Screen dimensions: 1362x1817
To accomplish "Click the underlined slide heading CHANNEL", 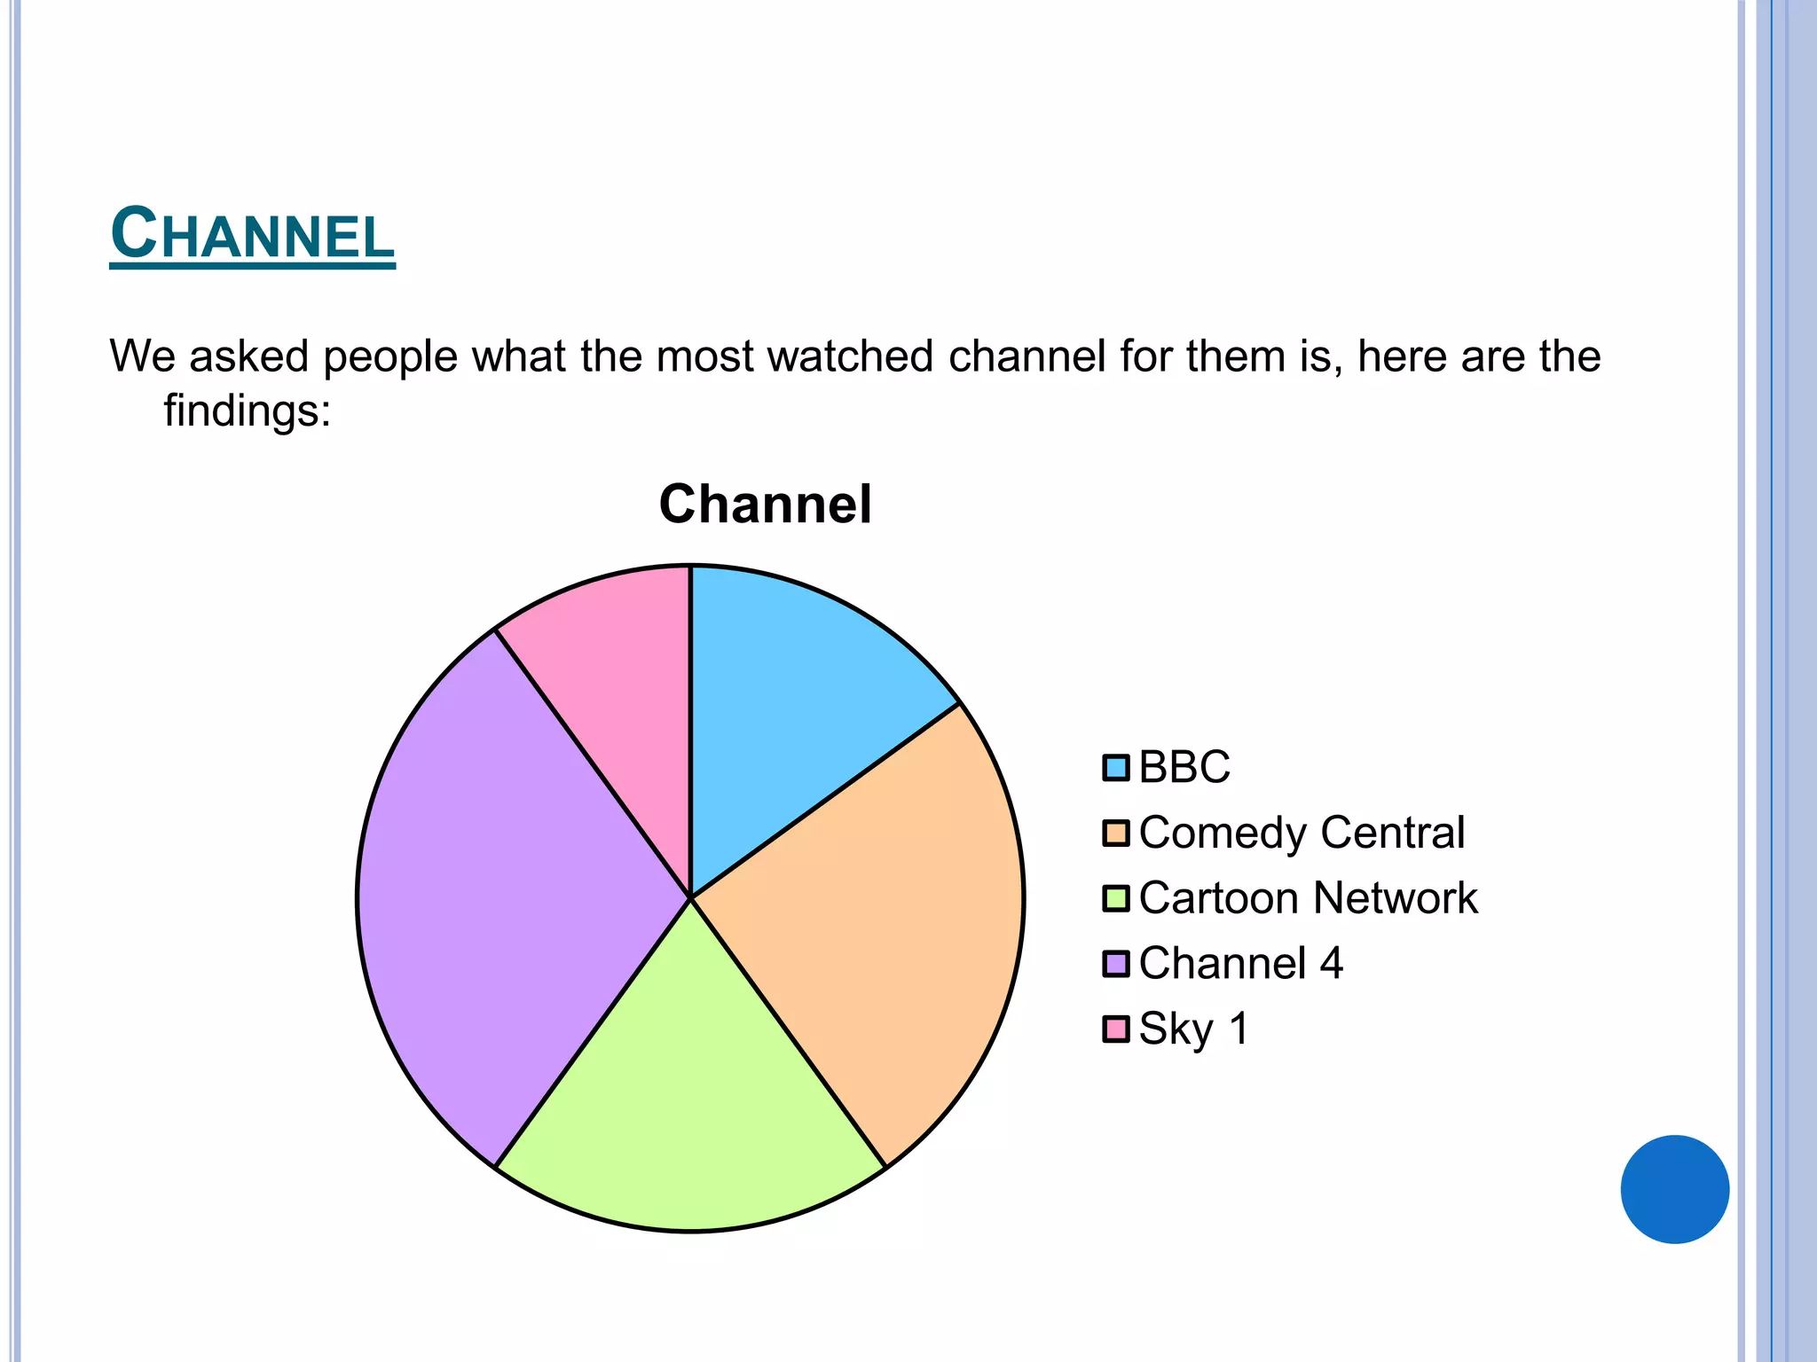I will (252, 234).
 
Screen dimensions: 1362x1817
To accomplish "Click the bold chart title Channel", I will (765, 505).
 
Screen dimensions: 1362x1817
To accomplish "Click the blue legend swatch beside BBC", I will (1115, 768).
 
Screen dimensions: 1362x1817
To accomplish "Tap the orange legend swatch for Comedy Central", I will (1115, 834).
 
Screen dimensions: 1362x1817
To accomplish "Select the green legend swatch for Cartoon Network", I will (1115, 898).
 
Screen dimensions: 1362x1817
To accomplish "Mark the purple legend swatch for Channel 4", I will (1115, 964).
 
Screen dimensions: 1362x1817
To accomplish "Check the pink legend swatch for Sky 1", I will (1115, 1029).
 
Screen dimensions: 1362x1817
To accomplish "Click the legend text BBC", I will (1184, 767).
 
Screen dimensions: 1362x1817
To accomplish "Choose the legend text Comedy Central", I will (1302, 833).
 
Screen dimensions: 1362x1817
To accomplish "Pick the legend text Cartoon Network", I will (1308, 897).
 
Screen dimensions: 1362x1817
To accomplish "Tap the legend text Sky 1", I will (1194, 1029).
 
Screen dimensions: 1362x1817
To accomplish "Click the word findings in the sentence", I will (247, 411).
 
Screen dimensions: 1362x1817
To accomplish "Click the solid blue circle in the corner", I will (1674, 1189).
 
